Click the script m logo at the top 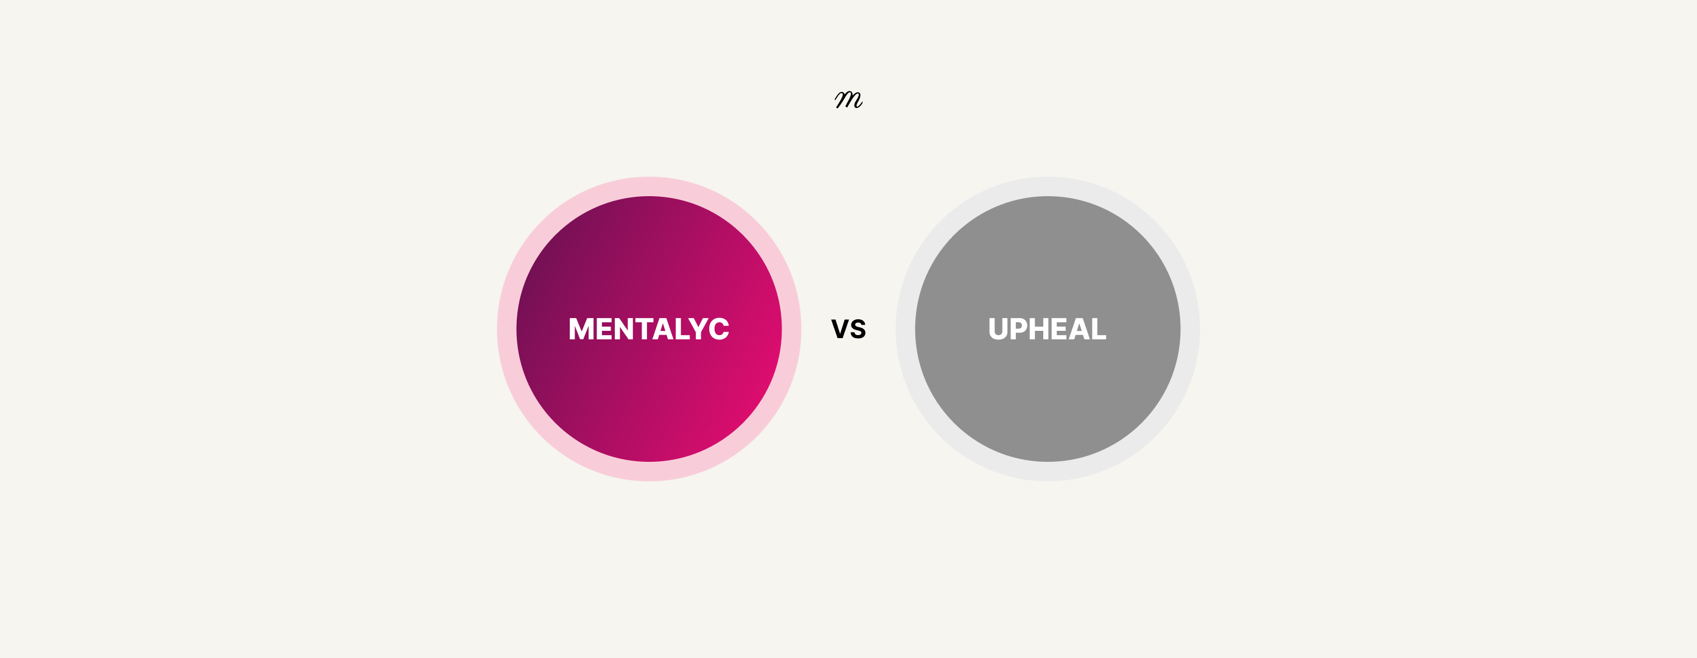click(848, 99)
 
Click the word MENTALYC click(649, 329)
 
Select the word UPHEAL click(1048, 329)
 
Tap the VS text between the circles click(848, 329)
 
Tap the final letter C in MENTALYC click(719, 329)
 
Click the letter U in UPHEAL click(998, 329)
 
